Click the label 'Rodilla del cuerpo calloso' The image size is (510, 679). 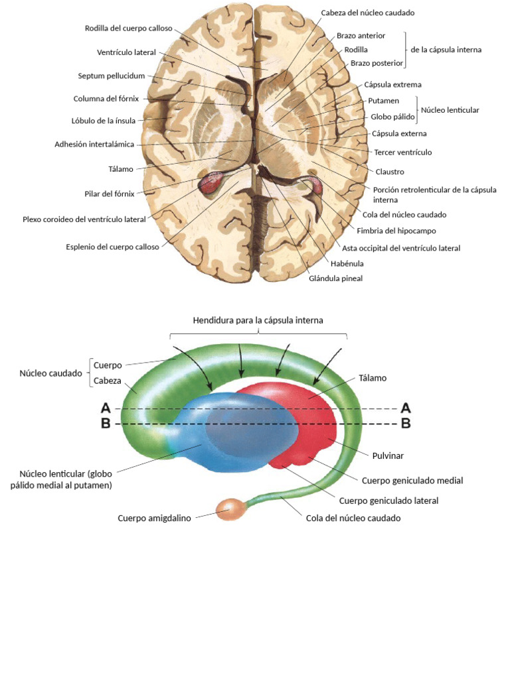point(128,29)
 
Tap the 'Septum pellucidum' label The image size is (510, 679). point(111,76)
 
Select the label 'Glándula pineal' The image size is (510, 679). point(335,278)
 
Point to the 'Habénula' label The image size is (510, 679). point(347,263)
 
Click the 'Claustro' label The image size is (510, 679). point(390,172)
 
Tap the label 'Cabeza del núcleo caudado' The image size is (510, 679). point(363,13)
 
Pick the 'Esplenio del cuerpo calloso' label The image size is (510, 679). point(112,247)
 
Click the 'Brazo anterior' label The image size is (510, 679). point(361,35)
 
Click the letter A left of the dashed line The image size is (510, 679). point(106,408)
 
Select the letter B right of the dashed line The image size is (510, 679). point(406,423)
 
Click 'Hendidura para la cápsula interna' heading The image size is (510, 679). point(258,320)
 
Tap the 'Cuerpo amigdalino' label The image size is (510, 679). point(154,519)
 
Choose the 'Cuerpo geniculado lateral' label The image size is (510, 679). point(388,501)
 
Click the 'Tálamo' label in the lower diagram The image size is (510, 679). point(373,378)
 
